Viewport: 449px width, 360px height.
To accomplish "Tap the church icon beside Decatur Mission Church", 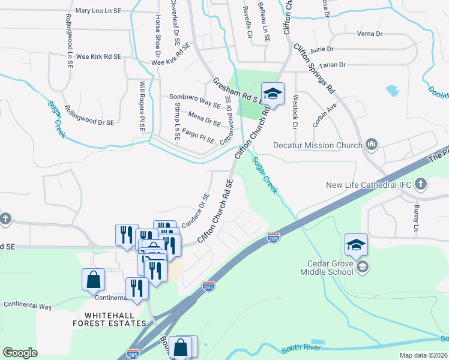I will coord(372,145).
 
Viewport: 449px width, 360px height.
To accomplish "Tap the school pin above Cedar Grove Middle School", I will coord(356,245).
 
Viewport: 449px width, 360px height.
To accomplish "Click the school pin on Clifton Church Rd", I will coord(273,94).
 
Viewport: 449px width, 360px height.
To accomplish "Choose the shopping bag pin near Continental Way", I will coord(94,279).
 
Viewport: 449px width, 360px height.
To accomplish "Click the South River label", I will coord(299,347).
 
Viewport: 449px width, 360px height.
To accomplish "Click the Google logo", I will coord(20,353).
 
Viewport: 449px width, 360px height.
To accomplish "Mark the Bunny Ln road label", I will coord(416,217).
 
